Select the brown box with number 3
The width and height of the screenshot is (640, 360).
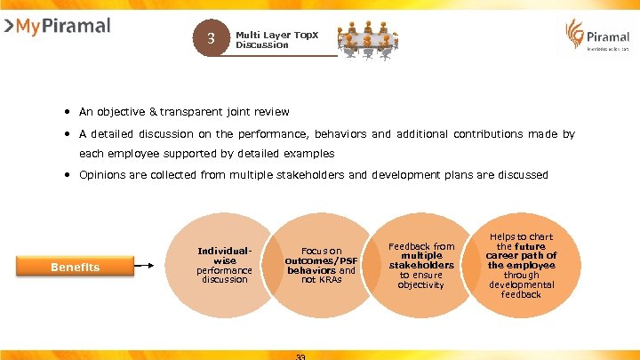coord(211,38)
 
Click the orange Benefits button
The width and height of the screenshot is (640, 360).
coord(75,267)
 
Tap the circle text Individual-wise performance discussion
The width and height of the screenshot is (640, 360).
coord(224,266)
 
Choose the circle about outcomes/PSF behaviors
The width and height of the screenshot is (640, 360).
coord(320,265)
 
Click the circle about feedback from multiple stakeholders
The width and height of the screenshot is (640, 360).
coord(421,265)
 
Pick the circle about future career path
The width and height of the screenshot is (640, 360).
coord(521,265)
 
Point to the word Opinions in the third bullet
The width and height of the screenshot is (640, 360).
coord(102,175)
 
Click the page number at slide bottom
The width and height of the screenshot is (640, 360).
coord(300,356)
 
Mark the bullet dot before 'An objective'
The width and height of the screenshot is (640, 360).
coord(67,112)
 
